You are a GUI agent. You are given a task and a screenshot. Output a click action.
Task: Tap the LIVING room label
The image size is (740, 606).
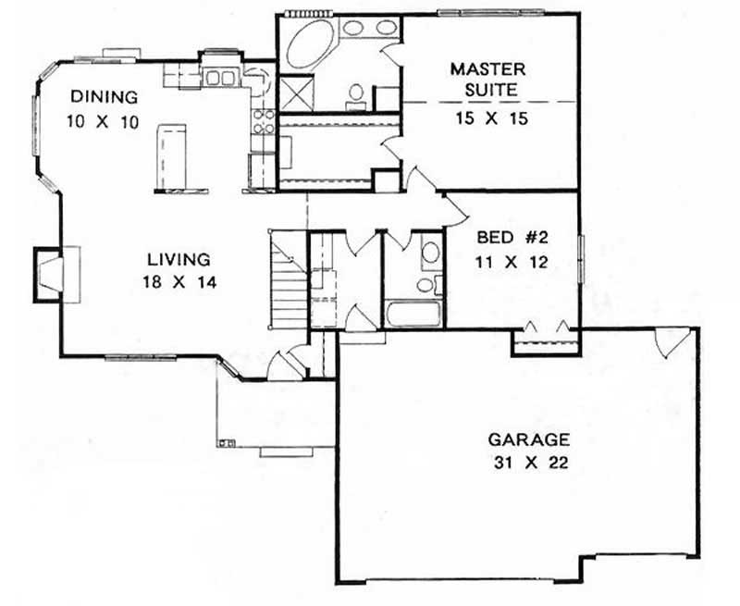pos(180,260)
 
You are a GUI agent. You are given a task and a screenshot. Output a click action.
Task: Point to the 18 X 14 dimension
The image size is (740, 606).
pos(180,284)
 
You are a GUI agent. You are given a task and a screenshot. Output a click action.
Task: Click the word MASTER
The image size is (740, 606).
pos(487,69)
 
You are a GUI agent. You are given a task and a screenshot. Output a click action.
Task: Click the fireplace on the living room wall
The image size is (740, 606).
pos(48,275)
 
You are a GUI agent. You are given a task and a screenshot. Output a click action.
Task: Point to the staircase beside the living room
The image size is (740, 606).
pos(288,282)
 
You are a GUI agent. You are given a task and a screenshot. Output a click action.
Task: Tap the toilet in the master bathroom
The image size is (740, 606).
pos(355,95)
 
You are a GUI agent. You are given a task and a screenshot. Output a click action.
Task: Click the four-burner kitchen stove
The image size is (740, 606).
pos(262,122)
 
